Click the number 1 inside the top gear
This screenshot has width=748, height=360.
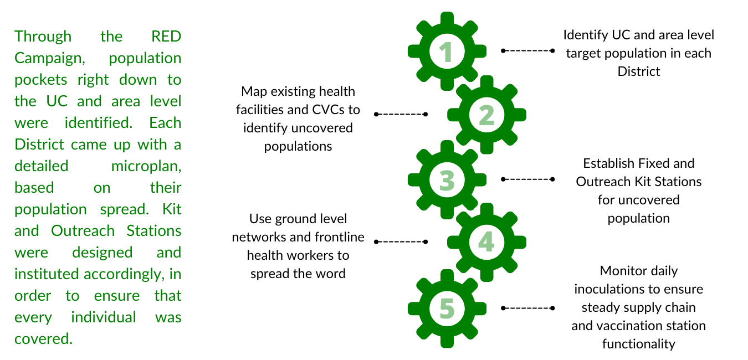447,52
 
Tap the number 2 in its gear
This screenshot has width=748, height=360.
486,115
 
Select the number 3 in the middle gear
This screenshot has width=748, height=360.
447,180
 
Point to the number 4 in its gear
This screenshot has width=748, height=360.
486,242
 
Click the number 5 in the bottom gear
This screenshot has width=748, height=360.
447,308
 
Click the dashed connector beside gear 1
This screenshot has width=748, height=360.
527,50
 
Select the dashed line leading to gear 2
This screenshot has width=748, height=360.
401,114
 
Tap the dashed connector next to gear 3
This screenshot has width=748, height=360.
527,179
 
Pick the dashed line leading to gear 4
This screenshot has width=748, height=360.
401,241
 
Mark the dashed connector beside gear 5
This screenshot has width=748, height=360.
527,308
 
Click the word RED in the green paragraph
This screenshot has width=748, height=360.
166,37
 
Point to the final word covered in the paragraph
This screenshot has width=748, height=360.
43,339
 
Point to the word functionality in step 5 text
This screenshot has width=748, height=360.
638,344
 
